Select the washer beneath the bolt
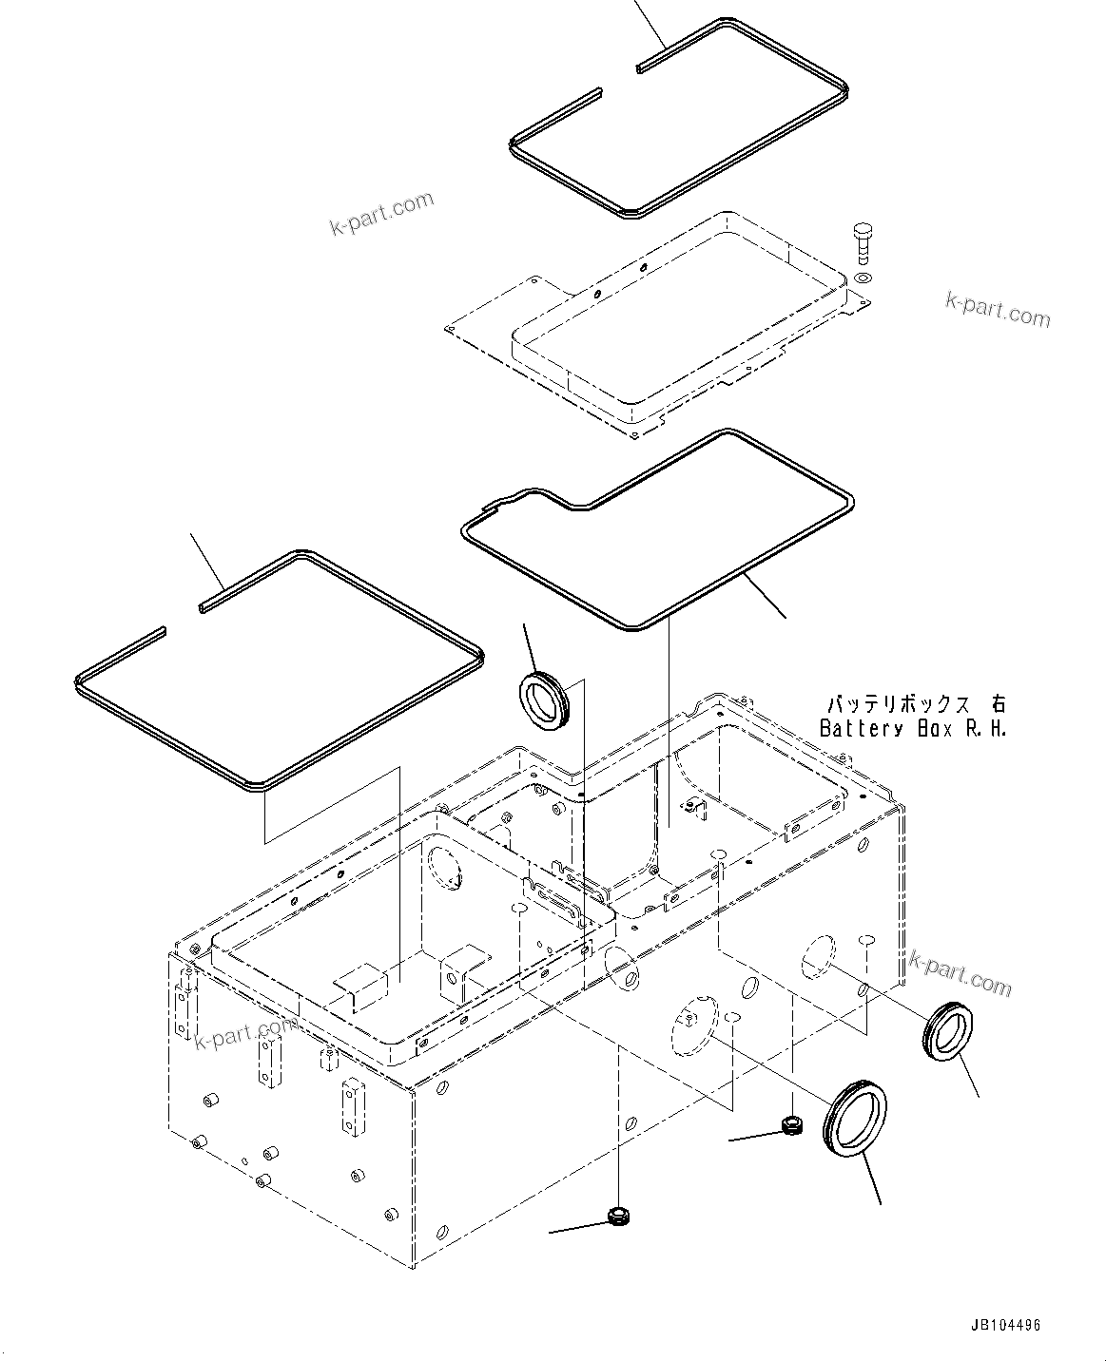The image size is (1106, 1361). [x=863, y=277]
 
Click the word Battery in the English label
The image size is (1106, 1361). [x=862, y=729]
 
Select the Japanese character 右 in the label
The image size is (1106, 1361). [x=997, y=705]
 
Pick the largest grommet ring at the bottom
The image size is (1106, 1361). [x=856, y=1118]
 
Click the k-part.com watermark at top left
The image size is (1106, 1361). [x=381, y=213]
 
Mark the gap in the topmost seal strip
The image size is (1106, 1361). [x=619, y=80]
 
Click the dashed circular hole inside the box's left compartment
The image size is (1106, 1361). [x=443, y=867]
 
